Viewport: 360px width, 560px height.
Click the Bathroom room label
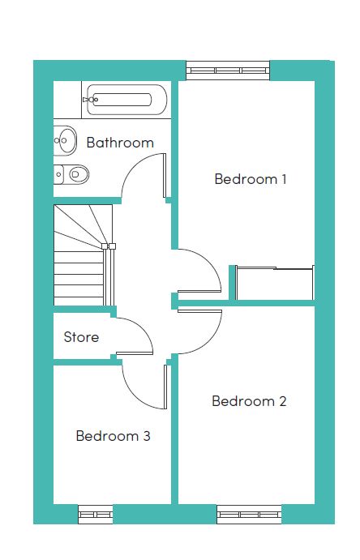click(x=120, y=143)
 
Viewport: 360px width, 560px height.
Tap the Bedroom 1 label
click(x=251, y=179)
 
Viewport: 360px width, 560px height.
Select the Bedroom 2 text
click(x=249, y=401)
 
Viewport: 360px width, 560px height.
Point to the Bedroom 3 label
click(x=114, y=436)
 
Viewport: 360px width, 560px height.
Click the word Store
click(x=81, y=337)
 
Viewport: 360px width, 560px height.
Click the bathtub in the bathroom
click(x=126, y=100)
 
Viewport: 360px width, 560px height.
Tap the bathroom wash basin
click(x=65, y=140)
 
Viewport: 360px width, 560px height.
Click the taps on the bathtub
click(x=90, y=100)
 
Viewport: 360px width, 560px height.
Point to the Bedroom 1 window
click(x=228, y=71)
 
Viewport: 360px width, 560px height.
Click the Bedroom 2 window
click(x=249, y=515)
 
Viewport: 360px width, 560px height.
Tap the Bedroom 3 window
click(x=96, y=515)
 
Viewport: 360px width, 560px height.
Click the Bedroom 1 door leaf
click(x=199, y=292)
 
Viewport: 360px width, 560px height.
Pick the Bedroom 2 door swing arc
click(x=209, y=340)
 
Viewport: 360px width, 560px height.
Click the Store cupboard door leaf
click(x=135, y=353)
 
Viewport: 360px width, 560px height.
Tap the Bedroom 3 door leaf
click(x=165, y=387)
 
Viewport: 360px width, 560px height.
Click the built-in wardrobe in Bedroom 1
click(x=274, y=284)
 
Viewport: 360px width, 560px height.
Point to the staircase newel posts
click(x=108, y=246)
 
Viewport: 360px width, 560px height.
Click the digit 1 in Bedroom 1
click(x=284, y=179)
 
